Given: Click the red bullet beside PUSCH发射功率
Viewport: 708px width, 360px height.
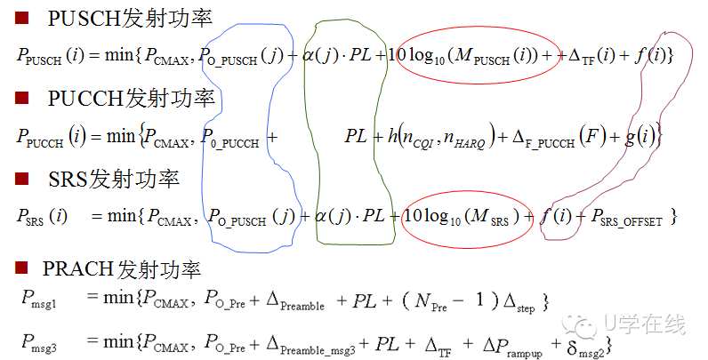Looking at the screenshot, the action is (24, 16).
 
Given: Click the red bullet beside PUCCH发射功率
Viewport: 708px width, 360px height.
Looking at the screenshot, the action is (24, 97).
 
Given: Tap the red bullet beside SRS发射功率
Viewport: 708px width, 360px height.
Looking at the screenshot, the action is (24, 179).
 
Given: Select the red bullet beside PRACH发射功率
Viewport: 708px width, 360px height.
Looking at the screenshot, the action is (24, 268).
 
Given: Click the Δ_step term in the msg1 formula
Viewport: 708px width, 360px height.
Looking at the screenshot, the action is (520, 301).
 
